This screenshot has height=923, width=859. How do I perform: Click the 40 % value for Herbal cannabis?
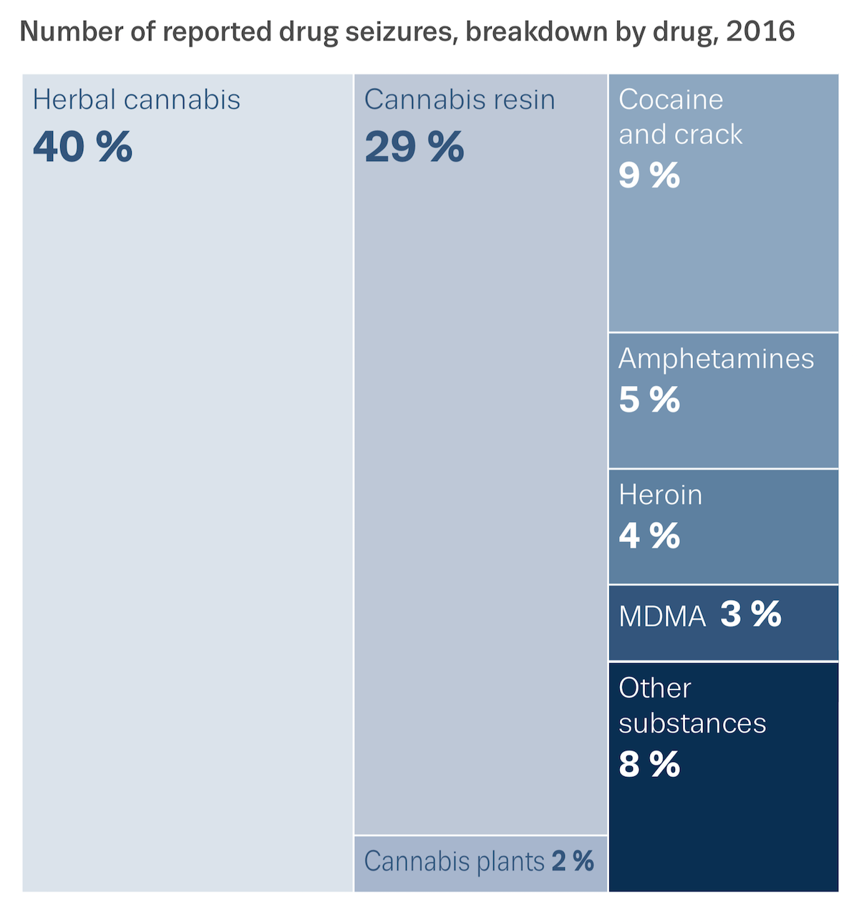pyautogui.click(x=82, y=147)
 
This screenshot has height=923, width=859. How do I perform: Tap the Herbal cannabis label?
pyautogui.click(x=136, y=100)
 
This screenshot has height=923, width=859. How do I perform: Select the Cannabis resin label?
pyautogui.click(x=460, y=100)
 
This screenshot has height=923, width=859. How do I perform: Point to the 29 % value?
pyautogui.click(x=414, y=147)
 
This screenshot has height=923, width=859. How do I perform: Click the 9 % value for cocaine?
pyautogui.click(x=649, y=175)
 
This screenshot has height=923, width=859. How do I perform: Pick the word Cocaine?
pyautogui.click(x=671, y=100)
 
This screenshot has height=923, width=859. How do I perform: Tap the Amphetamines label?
pyautogui.click(x=716, y=358)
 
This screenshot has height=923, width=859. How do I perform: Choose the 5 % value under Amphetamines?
pyautogui.click(x=649, y=400)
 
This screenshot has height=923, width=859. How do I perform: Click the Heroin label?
pyautogui.click(x=660, y=495)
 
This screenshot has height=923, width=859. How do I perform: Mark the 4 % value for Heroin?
pyautogui.click(x=649, y=536)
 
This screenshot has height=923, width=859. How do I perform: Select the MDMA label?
pyautogui.click(x=662, y=617)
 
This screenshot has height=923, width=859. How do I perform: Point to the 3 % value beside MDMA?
pyautogui.click(x=750, y=614)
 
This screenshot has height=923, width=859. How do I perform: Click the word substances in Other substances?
pyautogui.click(x=691, y=723)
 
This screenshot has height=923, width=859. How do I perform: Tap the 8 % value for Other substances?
pyautogui.click(x=649, y=764)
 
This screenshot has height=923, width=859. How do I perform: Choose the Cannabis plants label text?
pyautogui.click(x=454, y=861)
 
